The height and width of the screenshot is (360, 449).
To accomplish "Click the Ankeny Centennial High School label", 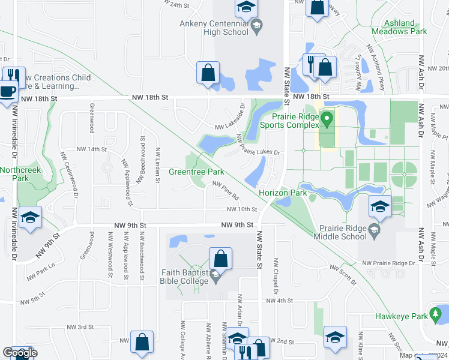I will (214, 28).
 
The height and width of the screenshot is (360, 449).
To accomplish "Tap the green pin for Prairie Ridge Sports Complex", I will (327, 120).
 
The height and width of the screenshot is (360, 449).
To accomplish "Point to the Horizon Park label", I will (283, 193).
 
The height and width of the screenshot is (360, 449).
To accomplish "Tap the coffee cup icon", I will (7, 91).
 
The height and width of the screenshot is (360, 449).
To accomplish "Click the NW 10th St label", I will (241, 209).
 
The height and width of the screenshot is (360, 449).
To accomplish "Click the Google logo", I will (19, 353).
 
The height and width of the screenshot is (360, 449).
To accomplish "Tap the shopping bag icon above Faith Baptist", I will (220, 259).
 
